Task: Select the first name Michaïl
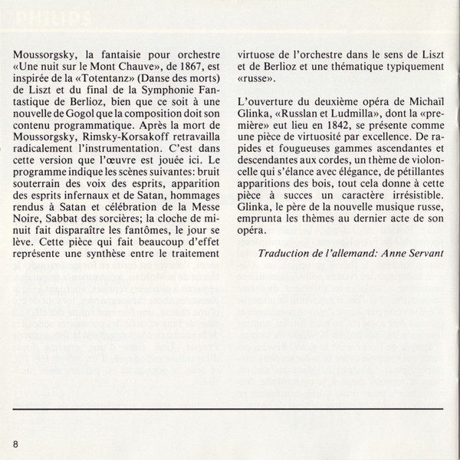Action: tap(415, 105)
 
